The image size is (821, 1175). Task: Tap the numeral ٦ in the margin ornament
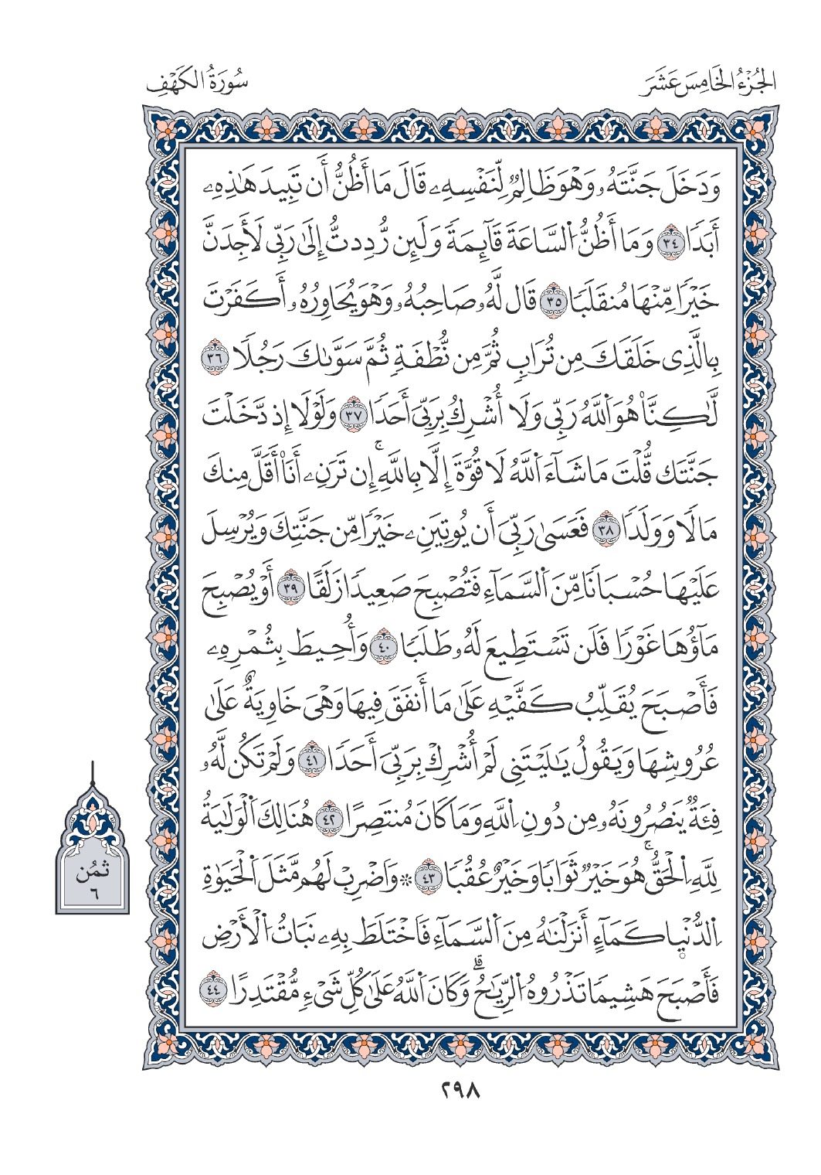coord(91,896)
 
